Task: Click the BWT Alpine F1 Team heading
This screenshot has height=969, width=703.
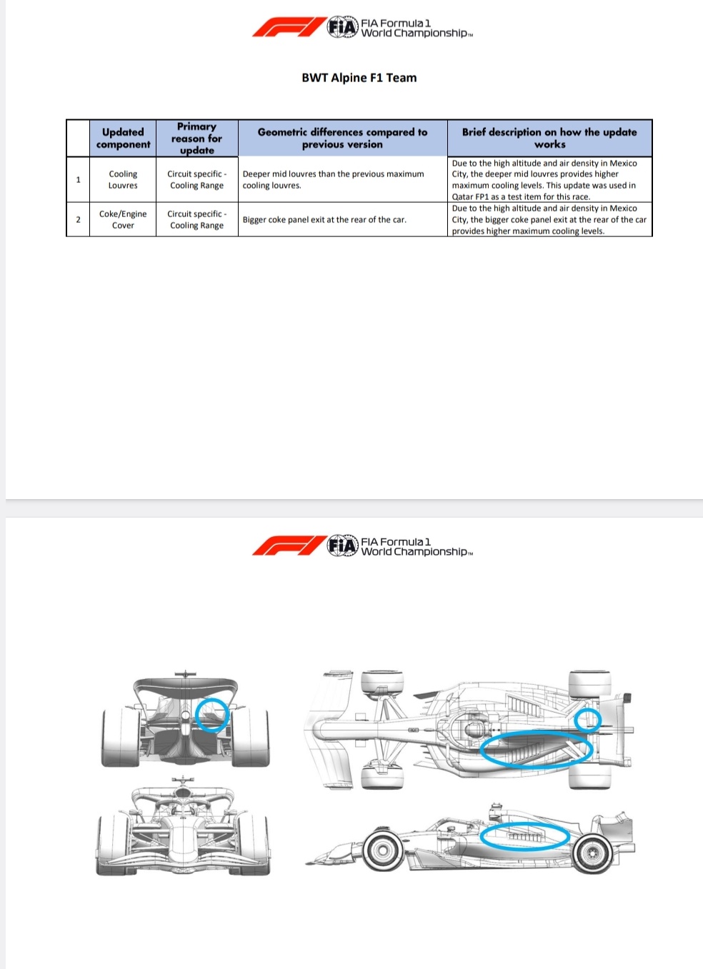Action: click(359, 78)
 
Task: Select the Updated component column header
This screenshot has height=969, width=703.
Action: click(123, 138)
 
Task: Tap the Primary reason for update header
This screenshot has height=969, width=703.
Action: click(196, 138)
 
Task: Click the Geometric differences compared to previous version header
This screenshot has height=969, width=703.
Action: click(342, 138)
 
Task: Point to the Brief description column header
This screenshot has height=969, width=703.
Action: click(549, 138)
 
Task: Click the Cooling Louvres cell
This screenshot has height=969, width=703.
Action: click(123, 179)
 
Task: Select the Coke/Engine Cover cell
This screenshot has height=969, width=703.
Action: click(123, 219)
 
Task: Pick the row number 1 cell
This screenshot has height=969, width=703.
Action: click(78, 179)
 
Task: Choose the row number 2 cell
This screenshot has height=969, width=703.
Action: click(78, 219)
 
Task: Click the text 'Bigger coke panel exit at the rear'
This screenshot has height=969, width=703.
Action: click(324, 220)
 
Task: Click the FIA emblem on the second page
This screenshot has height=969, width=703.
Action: click(342, 546)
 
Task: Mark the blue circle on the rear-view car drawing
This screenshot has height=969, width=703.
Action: click(212, 715)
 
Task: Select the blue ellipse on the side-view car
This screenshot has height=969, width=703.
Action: click(525, 836)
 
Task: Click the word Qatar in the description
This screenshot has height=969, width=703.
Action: click(463, 197)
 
